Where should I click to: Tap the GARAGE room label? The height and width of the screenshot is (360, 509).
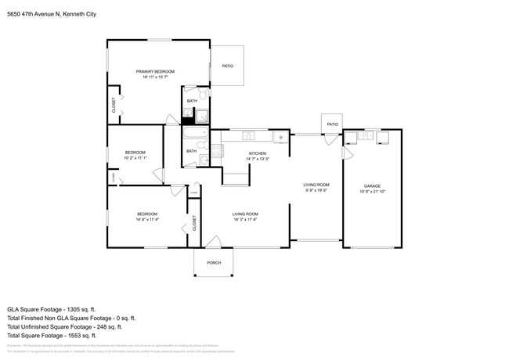(371, 186)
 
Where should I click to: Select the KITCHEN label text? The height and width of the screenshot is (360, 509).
(258, 153)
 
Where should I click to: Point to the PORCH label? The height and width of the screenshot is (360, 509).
(213, 263)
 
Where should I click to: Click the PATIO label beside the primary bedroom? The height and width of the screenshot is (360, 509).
(227, 66)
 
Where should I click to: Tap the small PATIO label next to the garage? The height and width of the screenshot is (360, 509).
(332, 124)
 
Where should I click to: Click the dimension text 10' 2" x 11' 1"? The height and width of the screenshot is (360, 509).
(135, 158)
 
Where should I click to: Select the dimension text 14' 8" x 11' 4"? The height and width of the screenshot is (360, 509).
(147, 219)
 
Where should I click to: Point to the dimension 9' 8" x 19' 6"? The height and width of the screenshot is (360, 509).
(316, 190)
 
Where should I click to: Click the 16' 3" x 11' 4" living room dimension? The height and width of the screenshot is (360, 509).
(244, 219)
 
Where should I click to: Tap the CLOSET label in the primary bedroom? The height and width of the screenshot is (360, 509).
(114, 106)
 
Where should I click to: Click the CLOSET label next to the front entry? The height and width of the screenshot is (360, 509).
(194, 222)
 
